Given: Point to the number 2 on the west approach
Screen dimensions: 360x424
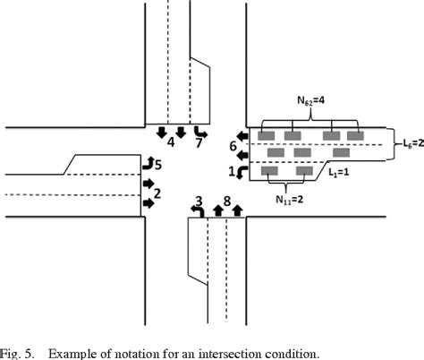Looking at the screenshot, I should click(x=158, y=192).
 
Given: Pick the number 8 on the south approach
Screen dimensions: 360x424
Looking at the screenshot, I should click(x=227, y=201).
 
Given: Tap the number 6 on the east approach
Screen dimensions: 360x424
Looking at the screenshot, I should click(x=233, y=144).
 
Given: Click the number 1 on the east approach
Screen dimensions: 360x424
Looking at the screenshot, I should click(x=233, y=170).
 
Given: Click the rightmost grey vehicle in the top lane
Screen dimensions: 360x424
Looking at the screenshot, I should click(x=355, y=135).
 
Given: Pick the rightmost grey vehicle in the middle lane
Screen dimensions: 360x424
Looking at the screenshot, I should click(x=341, y=152).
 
